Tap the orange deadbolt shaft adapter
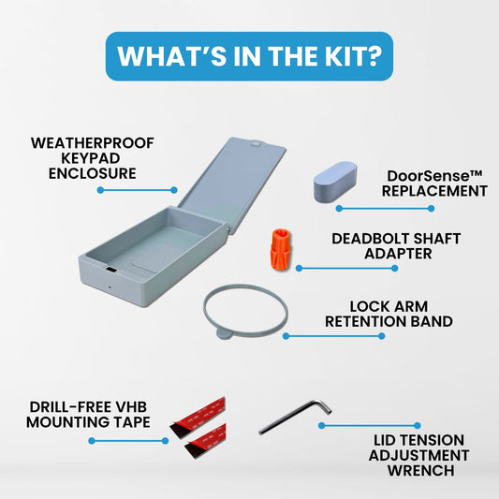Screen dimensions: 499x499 click(x=281, y=249)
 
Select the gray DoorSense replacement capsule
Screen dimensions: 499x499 click(x=335, y=182)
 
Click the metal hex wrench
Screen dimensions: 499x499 click(x=295, y=417)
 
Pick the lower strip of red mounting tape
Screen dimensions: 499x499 click(x=206, y=441)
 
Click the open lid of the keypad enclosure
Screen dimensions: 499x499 click(x=232, y=185)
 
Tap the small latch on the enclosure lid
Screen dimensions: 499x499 click(x=256, y=144)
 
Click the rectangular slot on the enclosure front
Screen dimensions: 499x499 click(x=111, y=270)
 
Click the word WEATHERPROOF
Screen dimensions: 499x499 click(x=93, y=143)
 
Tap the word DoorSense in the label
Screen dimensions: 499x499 click(x=431, y=176)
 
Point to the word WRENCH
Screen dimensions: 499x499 click(x=421, y=471)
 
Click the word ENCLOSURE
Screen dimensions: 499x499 click(x=93, y=174)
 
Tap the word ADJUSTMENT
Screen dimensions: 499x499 click(x=418, y=455)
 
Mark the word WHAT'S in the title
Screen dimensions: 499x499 click(x=171, y=56)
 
